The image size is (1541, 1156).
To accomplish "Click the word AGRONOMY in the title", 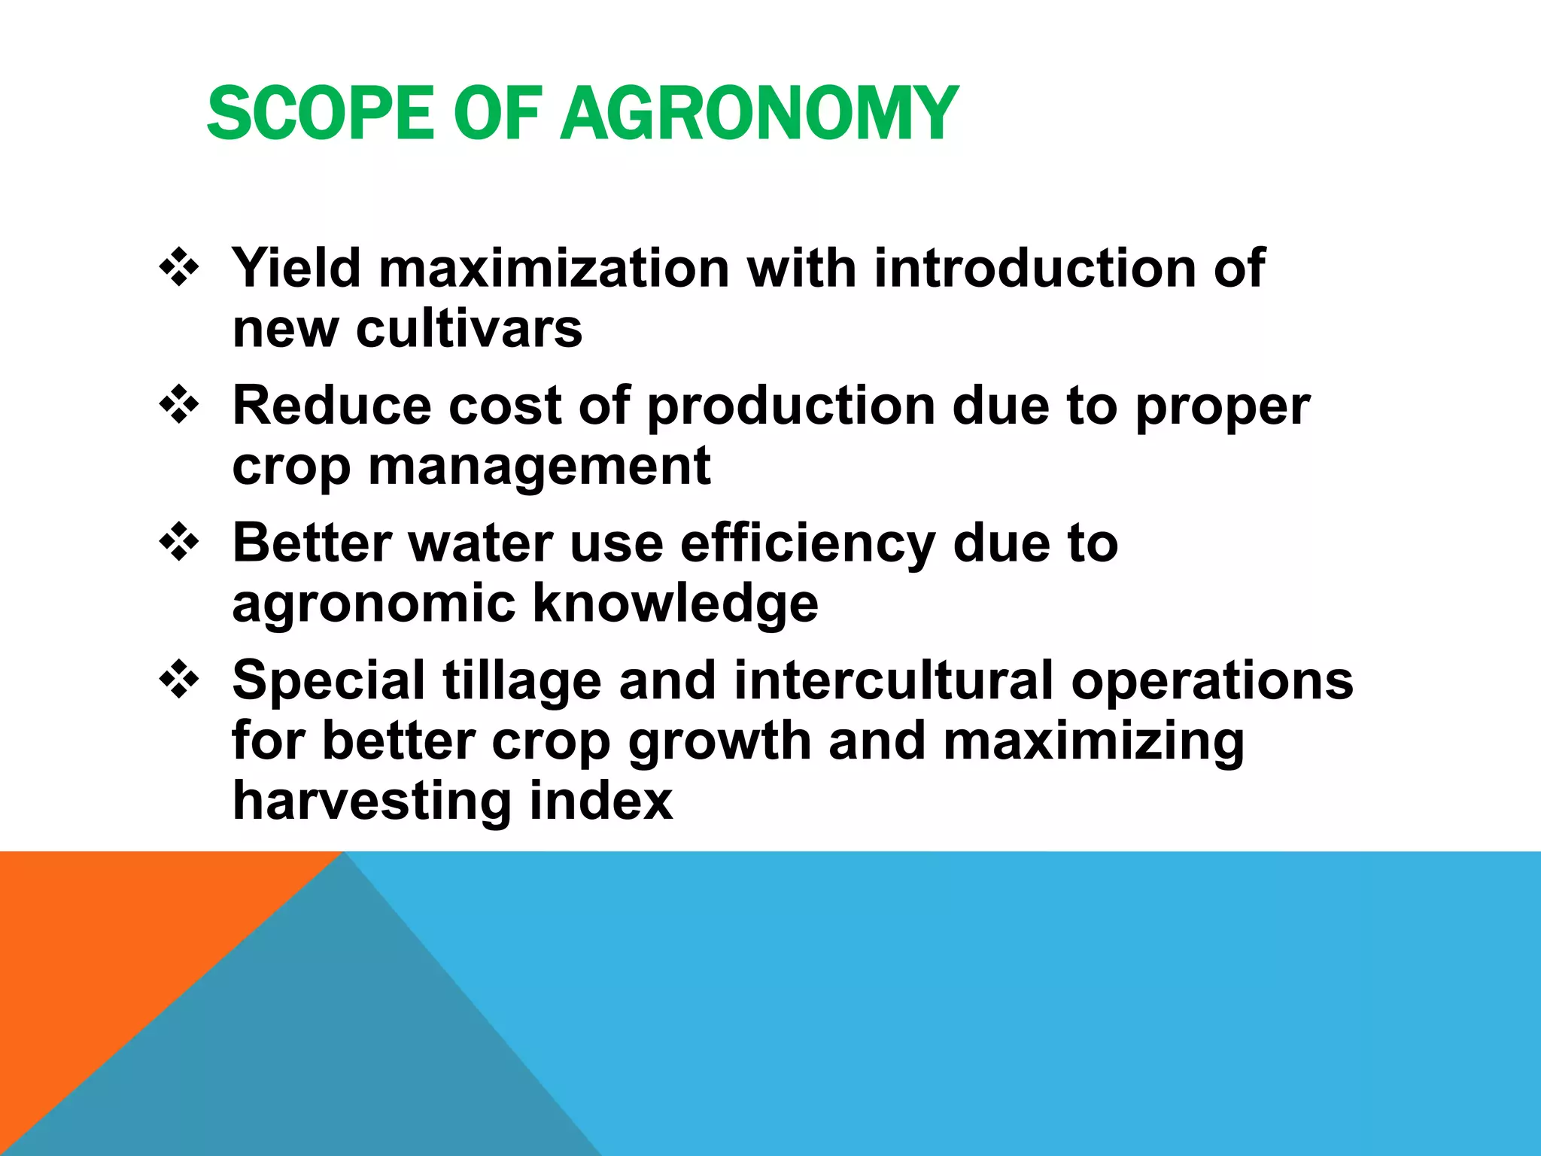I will [x=758, y=114].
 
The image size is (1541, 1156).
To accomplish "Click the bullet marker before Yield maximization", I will [x=179, y=267].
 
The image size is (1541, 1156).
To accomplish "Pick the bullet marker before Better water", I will [x=179, y=542].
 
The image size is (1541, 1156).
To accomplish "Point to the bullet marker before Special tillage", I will [x=179, y=679].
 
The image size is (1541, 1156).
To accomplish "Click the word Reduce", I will [x=331, y=406].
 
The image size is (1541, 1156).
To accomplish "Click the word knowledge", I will [x=675, y=604].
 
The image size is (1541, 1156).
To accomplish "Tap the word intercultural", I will [x=893, y=680].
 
